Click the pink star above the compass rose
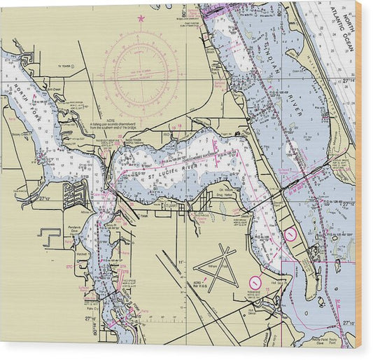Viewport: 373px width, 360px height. (141, 19)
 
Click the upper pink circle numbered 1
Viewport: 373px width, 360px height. (290, 235)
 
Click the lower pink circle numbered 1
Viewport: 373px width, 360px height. (255, 282)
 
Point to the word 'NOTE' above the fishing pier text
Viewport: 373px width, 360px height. (112, 120)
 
